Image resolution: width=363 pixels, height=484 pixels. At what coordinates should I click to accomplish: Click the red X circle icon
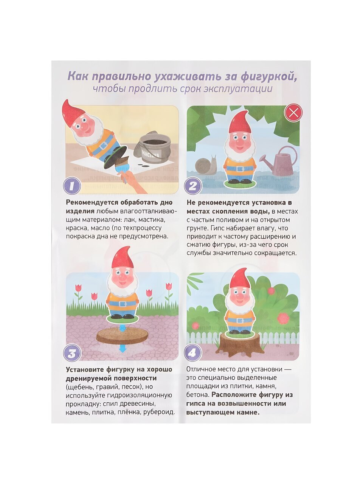click(293, 113)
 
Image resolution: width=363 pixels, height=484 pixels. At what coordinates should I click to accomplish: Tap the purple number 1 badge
click(72, 186)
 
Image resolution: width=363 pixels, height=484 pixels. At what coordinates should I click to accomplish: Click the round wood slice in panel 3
click(121, 338)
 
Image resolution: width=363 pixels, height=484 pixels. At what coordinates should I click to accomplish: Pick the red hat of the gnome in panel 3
click(123, 258)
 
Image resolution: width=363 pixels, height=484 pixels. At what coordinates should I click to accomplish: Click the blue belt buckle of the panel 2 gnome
click(240, 169)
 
